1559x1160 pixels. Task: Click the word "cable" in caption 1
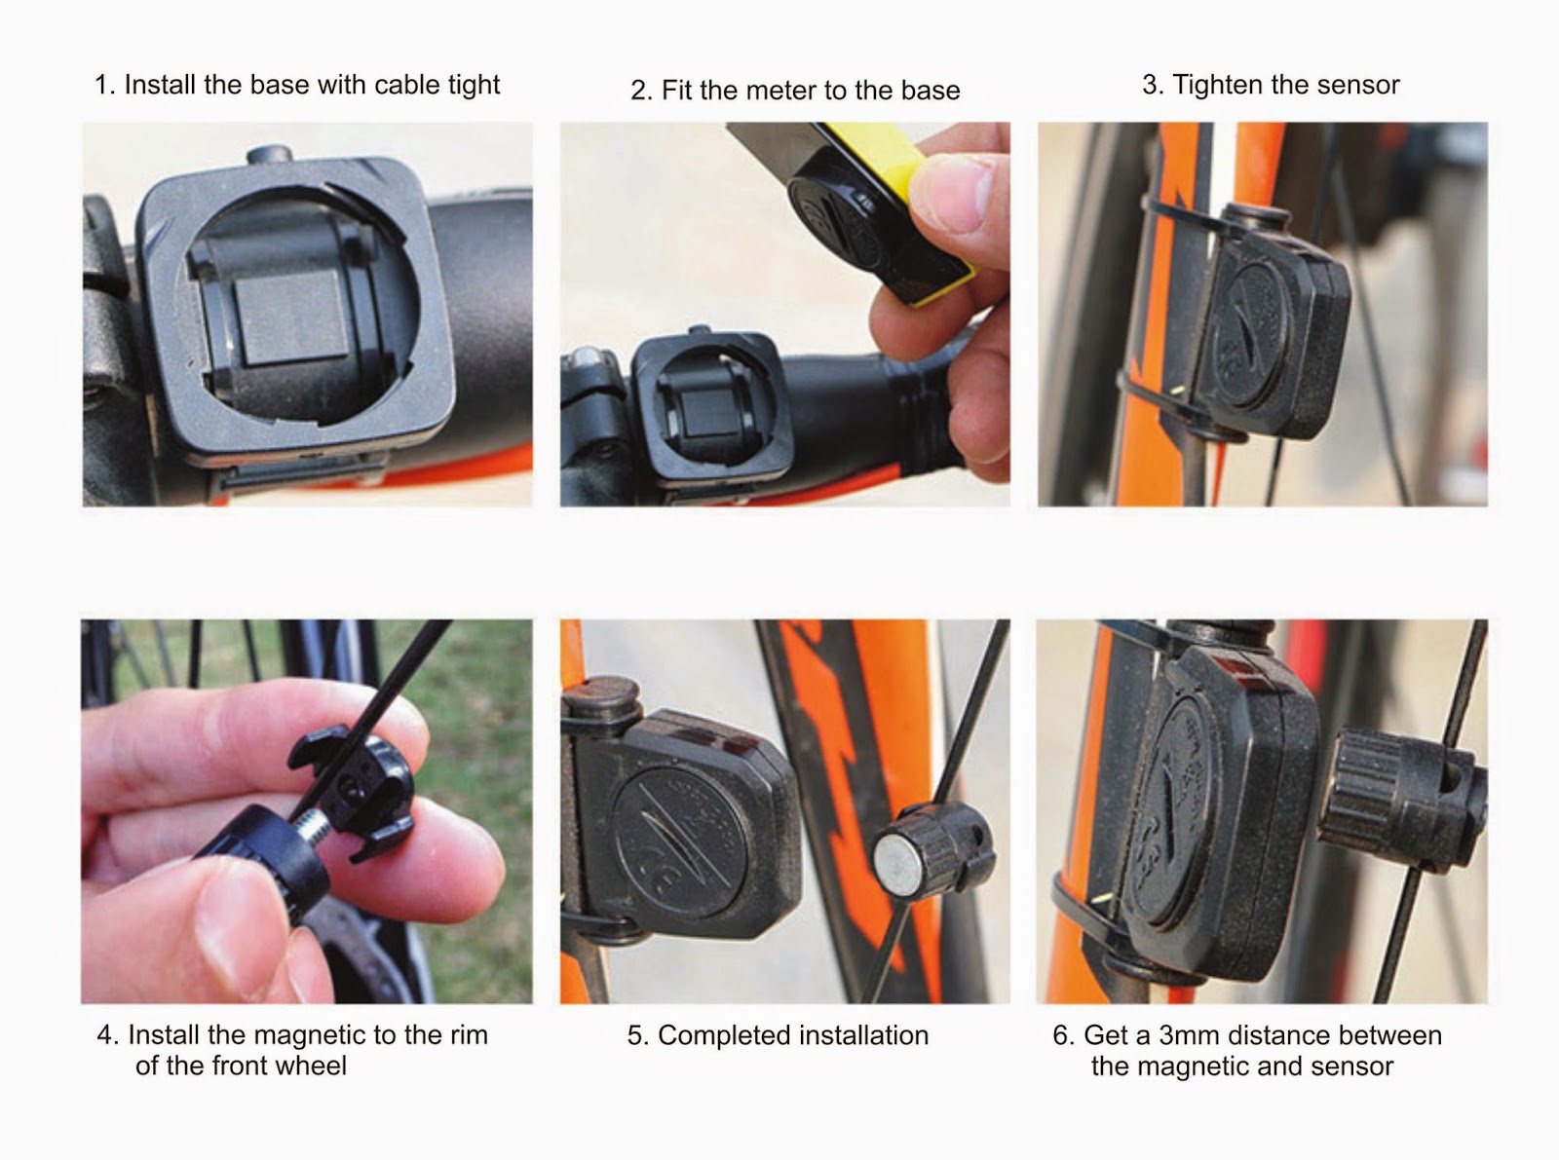411,85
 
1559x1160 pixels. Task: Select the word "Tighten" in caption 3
1219,86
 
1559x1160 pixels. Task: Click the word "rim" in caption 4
467,1035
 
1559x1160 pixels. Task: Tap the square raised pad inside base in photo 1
292,318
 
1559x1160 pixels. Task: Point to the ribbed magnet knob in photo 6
1399,800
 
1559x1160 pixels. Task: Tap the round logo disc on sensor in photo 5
680,841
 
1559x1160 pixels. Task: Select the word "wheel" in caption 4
312,1066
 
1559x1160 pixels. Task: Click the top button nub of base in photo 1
269,153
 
